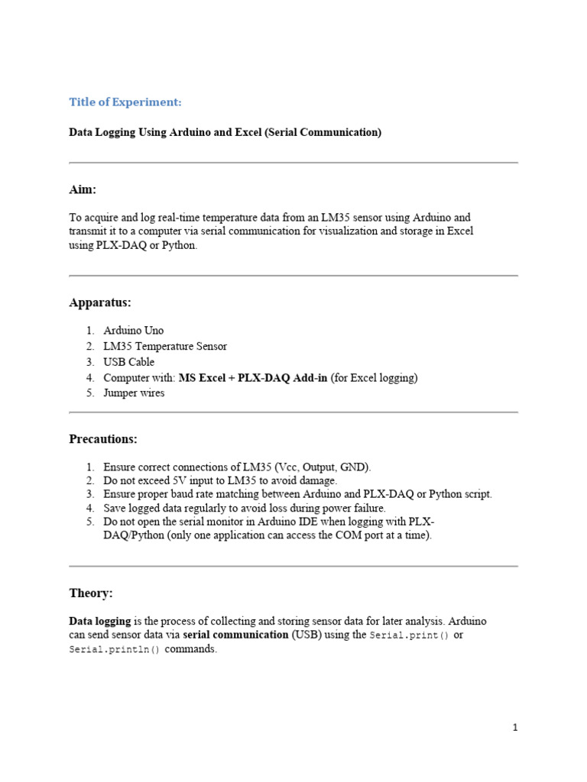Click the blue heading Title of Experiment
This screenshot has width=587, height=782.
point(125,102)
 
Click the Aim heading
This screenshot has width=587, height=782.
point(83,189)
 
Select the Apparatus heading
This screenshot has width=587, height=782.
point(100,302)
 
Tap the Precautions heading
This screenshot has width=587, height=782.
point(103,439)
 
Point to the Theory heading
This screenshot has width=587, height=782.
point(91,593)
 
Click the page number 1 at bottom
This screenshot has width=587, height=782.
point(515,727)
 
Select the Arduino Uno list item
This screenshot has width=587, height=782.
point(133,331)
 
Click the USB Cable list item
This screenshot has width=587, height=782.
point(128,362)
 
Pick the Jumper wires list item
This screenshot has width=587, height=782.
point(134,393)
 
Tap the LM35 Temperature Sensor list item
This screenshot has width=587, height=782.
point(165,346)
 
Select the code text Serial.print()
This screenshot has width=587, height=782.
point(409,635)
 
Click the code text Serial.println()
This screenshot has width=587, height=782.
point(115,650)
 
